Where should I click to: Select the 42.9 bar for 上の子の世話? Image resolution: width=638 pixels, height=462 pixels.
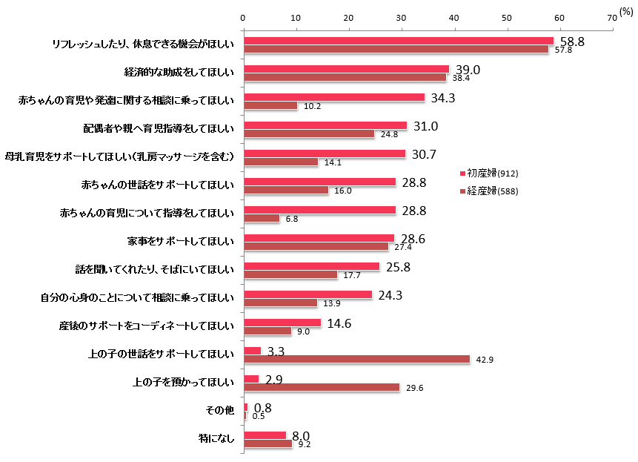click(356, 359)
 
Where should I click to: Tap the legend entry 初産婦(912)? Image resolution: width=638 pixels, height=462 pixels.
click(492, 173)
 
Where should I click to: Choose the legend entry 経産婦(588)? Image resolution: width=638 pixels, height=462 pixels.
click(492, 191)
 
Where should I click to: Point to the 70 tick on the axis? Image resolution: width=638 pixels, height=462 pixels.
click(611, 16)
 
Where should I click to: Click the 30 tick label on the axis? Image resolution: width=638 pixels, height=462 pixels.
click(401, 16)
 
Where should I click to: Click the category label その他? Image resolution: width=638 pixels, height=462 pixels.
click(219, 410)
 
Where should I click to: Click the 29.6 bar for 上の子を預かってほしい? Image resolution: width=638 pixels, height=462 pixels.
click(322, 387)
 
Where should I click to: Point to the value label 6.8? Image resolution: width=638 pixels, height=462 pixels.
click(290, 219)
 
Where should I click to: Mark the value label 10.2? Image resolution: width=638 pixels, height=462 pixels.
click(312, 106)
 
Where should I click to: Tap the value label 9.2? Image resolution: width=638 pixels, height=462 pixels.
click(303, 445)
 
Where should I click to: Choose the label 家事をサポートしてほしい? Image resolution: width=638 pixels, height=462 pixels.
click(181, 241)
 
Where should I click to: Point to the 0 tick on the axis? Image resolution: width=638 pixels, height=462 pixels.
click(243, 16)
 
